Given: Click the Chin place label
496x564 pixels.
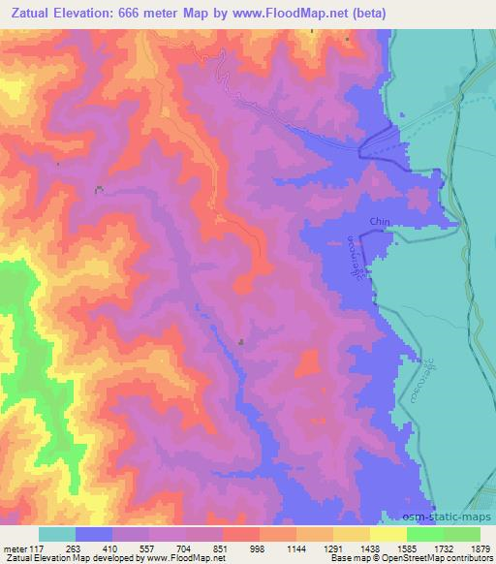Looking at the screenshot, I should pos(379,222).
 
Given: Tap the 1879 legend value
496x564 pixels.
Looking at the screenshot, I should pos(480,548).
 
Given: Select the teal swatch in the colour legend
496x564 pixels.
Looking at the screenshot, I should pos(57,534).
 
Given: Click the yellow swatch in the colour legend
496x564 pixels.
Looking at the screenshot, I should pos(388,534).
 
